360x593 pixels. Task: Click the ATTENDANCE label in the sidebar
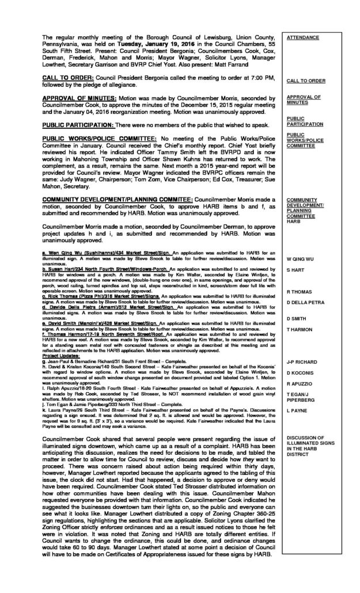pyautogui.click(x=302, y=37)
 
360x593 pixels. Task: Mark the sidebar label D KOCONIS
pyautogui.click(x=300, y=374)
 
